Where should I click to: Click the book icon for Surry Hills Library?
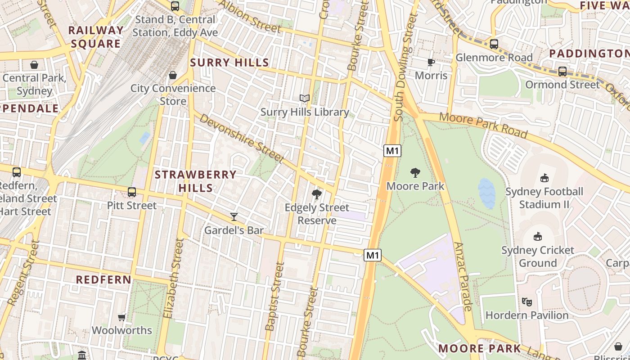(305, 98)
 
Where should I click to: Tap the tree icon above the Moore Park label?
(415, 172)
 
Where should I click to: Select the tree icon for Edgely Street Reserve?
(317, 194)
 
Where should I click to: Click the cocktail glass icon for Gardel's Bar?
(234, 217)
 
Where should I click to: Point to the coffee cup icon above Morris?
(431, 62)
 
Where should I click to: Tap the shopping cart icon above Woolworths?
(121, 317)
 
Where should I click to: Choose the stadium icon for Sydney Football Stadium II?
(544, 178)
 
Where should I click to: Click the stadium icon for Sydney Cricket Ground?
(537, 236)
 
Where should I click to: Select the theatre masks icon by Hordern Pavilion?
(526, 301)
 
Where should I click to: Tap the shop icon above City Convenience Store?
(173, 75)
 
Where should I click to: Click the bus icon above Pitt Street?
(132, 192)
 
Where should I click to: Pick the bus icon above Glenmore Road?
(494, 44)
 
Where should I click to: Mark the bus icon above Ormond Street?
(562, 71)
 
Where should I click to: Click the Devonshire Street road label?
(242, 138)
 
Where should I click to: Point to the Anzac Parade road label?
(463, 276)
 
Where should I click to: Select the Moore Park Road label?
(483, 125)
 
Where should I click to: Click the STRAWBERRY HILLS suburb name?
(195, 181)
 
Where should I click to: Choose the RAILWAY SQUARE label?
(95, 37)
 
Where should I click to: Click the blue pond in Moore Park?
(487, 193)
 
